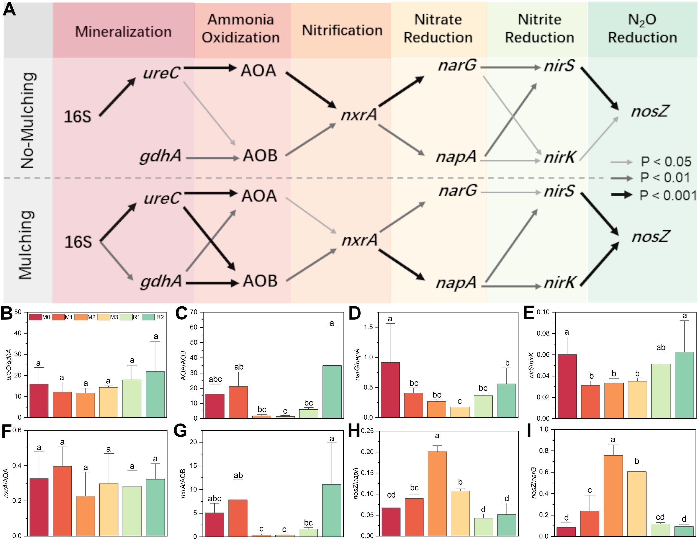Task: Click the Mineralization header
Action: point(123,32)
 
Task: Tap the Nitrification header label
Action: point(342,30)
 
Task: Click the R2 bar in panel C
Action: point(332,391)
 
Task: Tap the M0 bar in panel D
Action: point(390,390)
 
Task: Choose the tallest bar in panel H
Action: point(437,494)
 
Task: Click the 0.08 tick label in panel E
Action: point(543,334)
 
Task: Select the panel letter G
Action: point(180,431)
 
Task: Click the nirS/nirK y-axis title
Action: point(532,365)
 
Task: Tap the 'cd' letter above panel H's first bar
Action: point(391,495)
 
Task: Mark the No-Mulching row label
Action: point(28,120)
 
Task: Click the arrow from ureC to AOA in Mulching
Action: point(211,193)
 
